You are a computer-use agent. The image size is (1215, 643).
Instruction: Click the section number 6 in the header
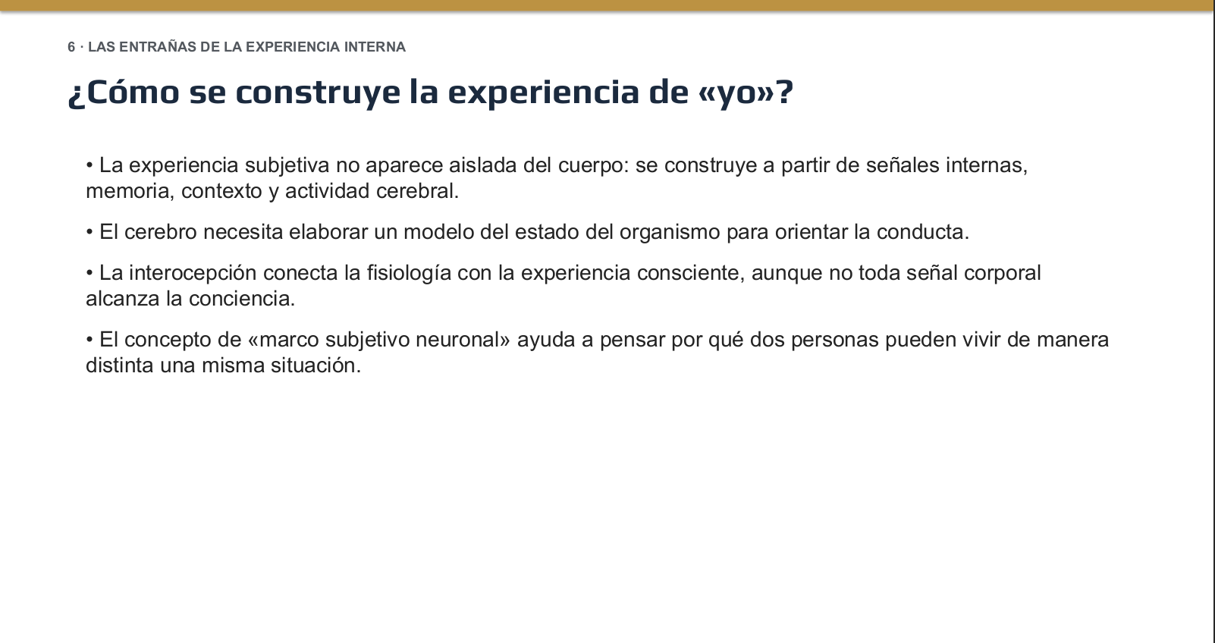click(x=71, y=47)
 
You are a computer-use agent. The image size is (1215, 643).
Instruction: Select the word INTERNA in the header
click(x=375, y=47)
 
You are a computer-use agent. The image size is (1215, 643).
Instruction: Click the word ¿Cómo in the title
click(x=124, y=92)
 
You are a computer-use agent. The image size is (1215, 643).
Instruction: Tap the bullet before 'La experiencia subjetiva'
click(x=89, y=165)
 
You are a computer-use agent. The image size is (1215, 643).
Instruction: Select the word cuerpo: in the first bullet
click(x=593, y=165)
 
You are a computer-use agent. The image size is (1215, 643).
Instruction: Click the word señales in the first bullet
click(x=903, y=165)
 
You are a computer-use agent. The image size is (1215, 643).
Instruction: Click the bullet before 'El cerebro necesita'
click(x=89, y=232)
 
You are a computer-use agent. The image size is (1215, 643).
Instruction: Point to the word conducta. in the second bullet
click(x=923, y=232)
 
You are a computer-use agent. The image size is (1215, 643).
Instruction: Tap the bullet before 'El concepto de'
click(x=89, y=340)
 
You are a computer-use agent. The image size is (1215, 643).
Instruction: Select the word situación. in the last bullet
click(x=316, y=365)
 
